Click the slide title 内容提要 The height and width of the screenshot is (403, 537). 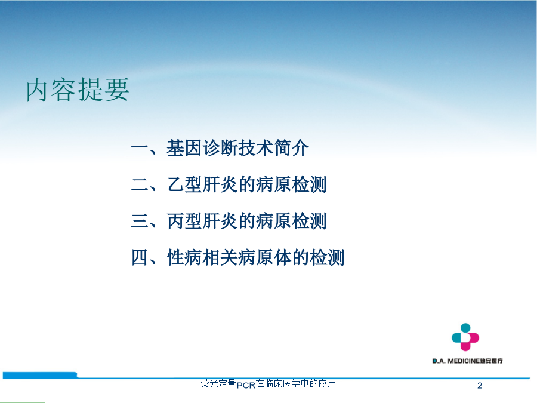coord(78,90)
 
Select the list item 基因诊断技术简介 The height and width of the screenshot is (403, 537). coord(237,148)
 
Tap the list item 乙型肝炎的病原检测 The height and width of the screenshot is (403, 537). coord(246,184)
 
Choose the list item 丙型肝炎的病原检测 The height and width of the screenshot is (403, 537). coord(246,221)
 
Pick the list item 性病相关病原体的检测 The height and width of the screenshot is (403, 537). coord(255,257)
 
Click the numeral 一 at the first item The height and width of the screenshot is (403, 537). coord(140,149)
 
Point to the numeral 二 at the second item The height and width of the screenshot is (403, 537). coord(140,184)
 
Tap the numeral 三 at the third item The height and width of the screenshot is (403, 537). coord(140,221)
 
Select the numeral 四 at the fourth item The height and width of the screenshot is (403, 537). coord(140,257)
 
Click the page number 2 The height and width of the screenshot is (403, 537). coord(480,386)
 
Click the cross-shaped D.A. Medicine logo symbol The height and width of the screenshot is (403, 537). coord(465,337)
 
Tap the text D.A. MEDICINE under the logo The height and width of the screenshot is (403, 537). coord(456,361)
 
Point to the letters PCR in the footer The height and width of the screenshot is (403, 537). coord(246,385)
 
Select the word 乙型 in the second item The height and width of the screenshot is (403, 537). coord(184,184)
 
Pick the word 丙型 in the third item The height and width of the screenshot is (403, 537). coord(184,221)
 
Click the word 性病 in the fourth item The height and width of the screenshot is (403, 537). coord(184,257)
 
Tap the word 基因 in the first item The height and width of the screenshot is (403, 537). coord(184,148)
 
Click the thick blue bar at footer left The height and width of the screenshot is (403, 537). coord(40,376)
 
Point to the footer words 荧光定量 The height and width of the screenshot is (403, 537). coord(218,383)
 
